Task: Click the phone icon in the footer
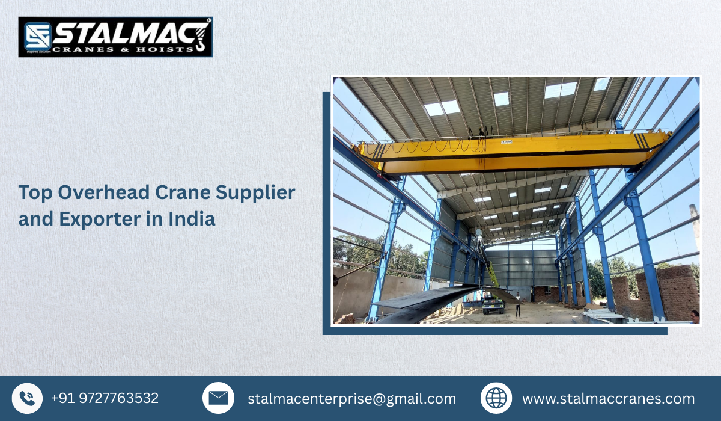click(x=27, y=398)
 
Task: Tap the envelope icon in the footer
click(x=218, y=398)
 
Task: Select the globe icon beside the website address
click(x=496, y=398)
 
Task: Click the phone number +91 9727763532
click(x=105, y=398)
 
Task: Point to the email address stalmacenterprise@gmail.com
click(x=351, y=399)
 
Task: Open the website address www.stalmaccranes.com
click(x=608, y=399)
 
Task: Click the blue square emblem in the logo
click(x=37, y=37)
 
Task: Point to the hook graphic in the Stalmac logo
click(x=199, y=36)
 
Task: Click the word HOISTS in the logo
click(x=165, y=48)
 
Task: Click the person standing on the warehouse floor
click(x=517, y=304)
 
